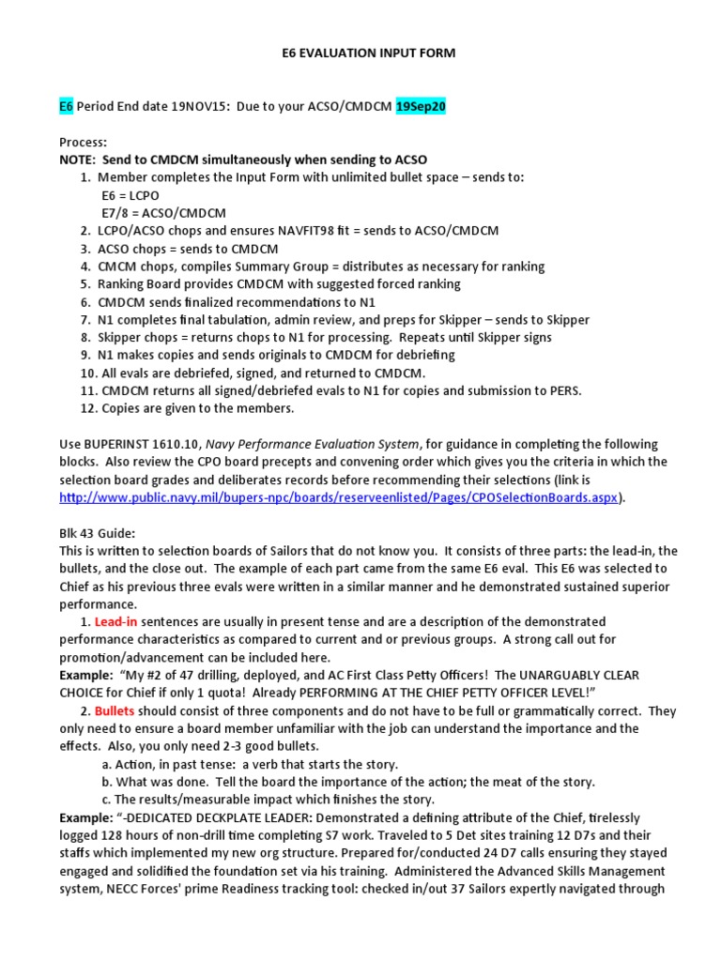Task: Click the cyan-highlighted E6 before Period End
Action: (66, 107)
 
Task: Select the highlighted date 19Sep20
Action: (421, 107)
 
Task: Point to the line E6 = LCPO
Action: (131, 195)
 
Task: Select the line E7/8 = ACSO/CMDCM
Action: (163, 213)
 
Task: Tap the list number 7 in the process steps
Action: (84, 319)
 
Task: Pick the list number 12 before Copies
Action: (87, 408)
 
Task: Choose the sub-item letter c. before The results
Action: (107, 800)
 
